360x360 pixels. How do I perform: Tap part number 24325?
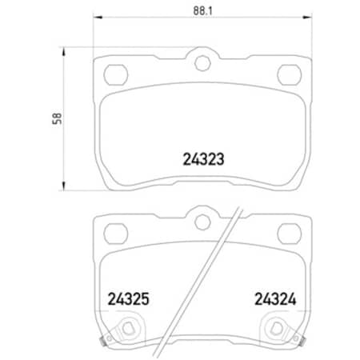point(129,302)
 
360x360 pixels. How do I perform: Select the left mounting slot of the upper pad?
point(116,74)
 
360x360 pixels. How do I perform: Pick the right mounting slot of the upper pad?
point(287,74)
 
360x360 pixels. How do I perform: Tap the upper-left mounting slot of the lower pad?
point(116,234)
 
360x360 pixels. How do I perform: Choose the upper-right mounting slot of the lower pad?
point(287,234)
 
